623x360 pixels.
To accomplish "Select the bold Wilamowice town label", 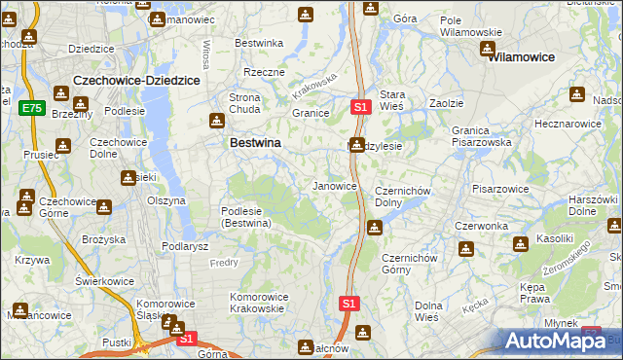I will pyautogui.click(x=523, y=57).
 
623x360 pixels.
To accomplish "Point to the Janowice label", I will pyautogui.click(x=334, y=185).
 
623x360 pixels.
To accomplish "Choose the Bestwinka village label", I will pyautogui.click(x=260, y=43).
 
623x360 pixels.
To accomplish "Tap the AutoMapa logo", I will pyautogui.click(x=556, y=341).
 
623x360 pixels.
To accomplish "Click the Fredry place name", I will pyautogui.click(x=224, y=263).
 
